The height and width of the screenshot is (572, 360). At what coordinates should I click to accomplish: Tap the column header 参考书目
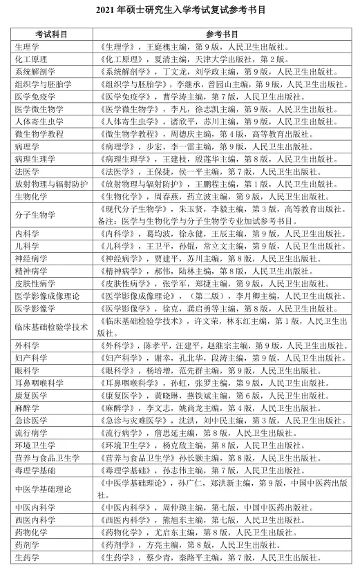point(222,34)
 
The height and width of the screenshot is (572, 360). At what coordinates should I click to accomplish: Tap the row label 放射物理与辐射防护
point(51,184)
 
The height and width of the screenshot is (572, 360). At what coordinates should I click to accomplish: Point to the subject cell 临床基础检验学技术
point(51,327)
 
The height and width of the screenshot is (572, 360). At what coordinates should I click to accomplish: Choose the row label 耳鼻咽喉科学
point(39,383)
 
